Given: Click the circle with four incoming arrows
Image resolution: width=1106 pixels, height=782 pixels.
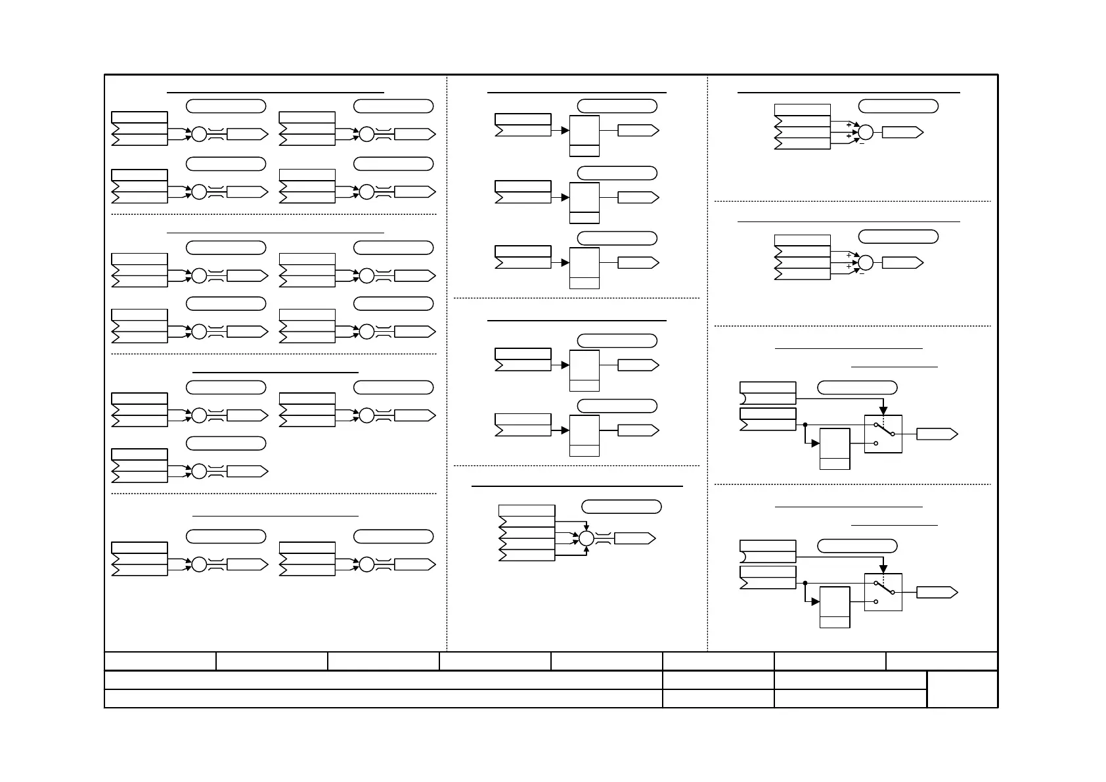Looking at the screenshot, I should pos(586,538).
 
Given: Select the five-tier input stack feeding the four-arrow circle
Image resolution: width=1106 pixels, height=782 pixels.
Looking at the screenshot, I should pos(527,533).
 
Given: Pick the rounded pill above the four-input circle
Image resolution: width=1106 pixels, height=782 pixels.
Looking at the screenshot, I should pos(621,506).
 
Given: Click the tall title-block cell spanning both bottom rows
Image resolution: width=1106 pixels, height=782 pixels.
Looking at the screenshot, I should pos(962,689).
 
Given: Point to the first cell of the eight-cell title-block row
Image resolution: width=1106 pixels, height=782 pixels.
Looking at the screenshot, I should pos(160,660).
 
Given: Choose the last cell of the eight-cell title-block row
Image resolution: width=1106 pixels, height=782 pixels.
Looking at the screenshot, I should pos(941,660).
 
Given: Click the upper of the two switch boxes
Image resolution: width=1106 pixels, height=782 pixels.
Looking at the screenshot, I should pos(883,434).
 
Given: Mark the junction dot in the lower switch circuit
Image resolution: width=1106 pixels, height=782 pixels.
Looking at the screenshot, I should pos(805,583).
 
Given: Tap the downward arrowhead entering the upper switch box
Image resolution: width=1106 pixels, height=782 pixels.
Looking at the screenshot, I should pos(883,411).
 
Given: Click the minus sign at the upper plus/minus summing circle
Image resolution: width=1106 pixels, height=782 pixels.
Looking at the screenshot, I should pos(862,143).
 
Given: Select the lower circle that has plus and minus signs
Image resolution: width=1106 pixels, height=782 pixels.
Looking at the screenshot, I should pos(866,263).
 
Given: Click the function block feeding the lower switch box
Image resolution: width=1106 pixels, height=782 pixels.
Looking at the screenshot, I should pos(835,607).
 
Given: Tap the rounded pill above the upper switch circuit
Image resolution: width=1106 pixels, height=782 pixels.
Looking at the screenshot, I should pos(857,387).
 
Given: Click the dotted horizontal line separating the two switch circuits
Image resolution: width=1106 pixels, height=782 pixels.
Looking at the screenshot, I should pos(852,484).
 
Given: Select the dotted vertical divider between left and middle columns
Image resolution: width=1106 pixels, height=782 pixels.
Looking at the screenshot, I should pos(447,361).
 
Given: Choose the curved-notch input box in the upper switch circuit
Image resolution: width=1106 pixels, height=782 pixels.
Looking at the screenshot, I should pos(768,393).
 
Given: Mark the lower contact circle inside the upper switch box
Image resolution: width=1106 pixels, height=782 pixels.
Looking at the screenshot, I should pos(876,443).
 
